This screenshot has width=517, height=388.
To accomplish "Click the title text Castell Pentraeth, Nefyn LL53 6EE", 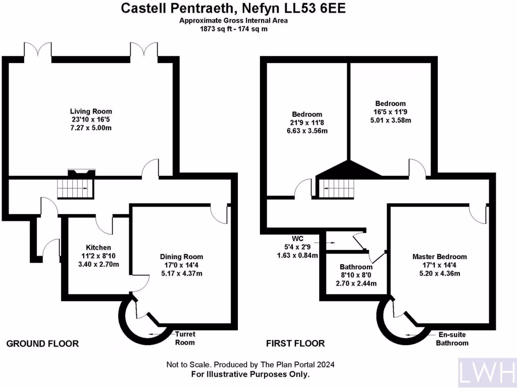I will (x=233, y=9).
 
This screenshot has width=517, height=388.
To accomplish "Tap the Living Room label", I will (x=91, y=111).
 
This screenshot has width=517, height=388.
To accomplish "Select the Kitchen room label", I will (x=98, y=248).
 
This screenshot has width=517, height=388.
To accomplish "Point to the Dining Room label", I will (x=178, y=257).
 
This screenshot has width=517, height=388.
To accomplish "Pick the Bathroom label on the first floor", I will (x=356, y=267).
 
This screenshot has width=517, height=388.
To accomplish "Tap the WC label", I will (x=297, y=238).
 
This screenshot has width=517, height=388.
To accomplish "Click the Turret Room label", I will (x=185, y=338).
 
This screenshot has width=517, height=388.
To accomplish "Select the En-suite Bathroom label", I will (x=452, y=339).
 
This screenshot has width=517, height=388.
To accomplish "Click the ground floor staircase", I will (x=75, y=188).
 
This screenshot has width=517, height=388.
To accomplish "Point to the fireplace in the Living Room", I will (x=81, y=173).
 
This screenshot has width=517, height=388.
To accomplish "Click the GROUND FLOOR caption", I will (x=42, y=344).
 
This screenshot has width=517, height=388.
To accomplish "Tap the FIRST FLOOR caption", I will (x=295, y=344).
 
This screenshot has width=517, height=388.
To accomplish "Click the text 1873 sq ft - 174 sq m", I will (x=233, y=29).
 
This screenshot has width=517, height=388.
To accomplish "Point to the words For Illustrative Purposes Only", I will (x=250, y=374).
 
